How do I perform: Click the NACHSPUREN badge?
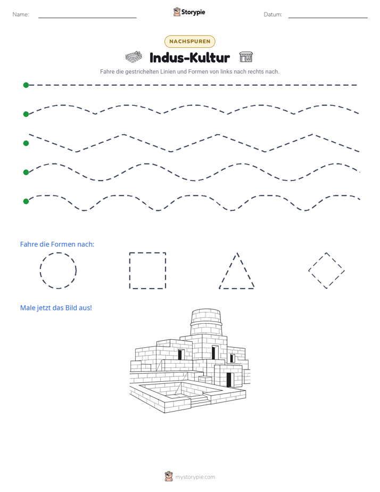pos(189,42)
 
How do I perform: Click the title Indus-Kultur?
pos(189,58)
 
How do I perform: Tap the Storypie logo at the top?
pos(189,12)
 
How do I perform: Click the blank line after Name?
pos(87,18)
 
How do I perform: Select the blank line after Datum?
pos(328,18)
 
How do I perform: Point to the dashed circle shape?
pos(40,270)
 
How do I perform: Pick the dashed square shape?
pos(129,270)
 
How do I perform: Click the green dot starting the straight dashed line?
pos(26,85)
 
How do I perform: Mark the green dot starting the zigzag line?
pos(26,143)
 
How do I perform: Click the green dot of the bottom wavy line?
pos(26,201)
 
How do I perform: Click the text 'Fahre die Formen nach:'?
pos(57,244)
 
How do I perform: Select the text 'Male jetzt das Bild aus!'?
pos(56,308)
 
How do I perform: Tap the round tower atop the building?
pos(206,322)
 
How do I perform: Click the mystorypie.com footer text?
pos(195,477)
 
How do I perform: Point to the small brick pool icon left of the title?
pos(134,57)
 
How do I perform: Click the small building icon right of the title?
pos(246,57)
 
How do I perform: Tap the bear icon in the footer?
pos(169,477)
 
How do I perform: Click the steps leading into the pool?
pos(200,401)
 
